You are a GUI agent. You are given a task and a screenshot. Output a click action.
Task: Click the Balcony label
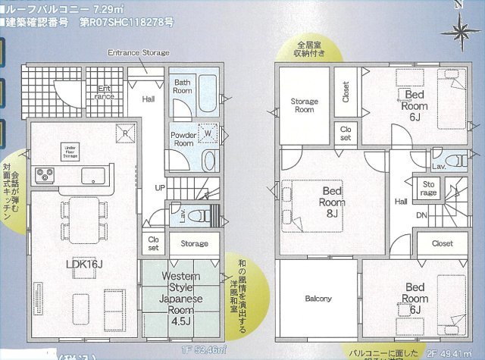coord(318,299)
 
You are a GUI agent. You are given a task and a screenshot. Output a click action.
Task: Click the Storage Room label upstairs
coord(304,105)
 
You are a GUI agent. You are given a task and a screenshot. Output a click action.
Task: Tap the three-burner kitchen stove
coord(44,175)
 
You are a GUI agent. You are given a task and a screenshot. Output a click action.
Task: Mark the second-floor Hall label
coord(400,201)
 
